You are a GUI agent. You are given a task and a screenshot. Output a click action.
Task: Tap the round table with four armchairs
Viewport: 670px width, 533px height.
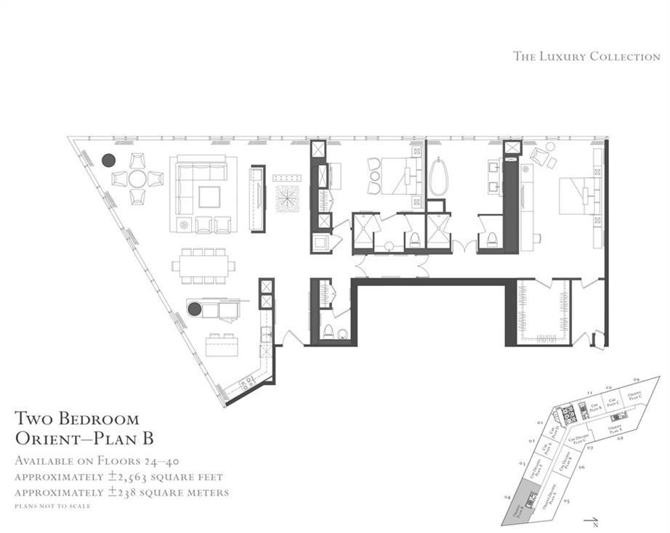pos(137,179)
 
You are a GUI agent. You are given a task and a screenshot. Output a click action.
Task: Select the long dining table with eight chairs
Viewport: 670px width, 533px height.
pos(203,266)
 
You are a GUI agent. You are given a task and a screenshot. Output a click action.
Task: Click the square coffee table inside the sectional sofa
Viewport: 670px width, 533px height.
pos(209,197)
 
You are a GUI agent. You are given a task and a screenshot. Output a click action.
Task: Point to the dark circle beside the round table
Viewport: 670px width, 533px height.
pos(109,160)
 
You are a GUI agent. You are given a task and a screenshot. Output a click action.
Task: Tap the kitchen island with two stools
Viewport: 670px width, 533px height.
pos(222,346)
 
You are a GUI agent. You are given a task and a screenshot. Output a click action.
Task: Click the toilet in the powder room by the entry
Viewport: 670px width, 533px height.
pos(328,333)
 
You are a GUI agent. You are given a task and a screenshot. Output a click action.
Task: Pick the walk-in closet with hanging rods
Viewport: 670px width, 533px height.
pos(544,312)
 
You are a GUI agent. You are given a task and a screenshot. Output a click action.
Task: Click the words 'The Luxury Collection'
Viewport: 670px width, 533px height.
pos(586,56)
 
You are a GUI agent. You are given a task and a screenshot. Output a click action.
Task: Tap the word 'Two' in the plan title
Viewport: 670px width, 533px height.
pos(35,419)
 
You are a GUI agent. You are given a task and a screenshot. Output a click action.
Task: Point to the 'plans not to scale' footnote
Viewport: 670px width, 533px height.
pos(53,505)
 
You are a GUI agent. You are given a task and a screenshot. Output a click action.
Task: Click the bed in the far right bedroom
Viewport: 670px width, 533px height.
pos(578,196)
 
